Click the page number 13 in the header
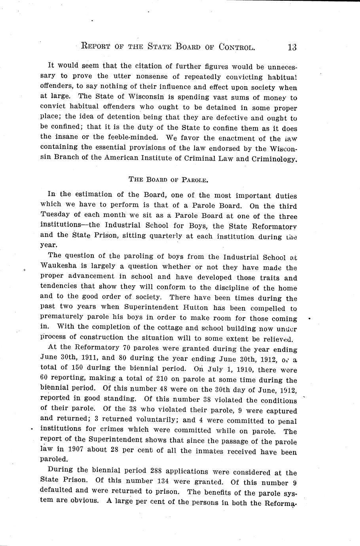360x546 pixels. tap(292, 47)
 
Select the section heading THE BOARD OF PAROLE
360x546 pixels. tap(168, 179)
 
